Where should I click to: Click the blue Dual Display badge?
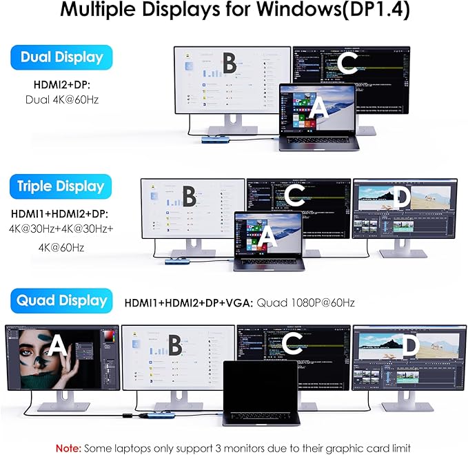pyautogui.click(x=61, y=58)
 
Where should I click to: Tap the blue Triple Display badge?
pyautogui.click(x=61, y=186)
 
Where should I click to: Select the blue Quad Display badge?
pyautogui.click(x=61, y=300)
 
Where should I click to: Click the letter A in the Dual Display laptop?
pyautogui.click(x=318, y=108)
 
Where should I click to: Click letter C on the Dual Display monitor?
pyautogui.click(x=348, y=64)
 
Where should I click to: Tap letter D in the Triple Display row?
pyautogui.click(x=403, y=198)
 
